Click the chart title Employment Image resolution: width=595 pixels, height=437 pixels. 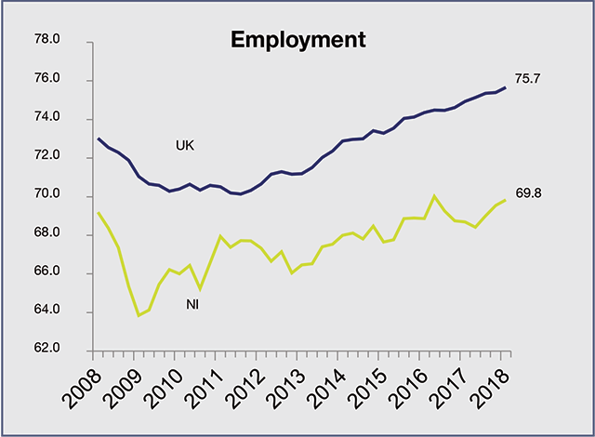tap(297, 40)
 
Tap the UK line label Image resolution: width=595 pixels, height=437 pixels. tap(186, 145)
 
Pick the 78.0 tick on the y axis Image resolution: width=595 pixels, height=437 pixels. tap(46, 41)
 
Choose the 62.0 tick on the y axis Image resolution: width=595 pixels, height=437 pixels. tap(46, 350)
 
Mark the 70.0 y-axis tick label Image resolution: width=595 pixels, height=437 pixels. tap(46, 195)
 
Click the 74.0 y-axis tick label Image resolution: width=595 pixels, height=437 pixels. tap(46, 118)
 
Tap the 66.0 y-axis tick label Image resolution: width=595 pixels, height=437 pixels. tap(46, 272)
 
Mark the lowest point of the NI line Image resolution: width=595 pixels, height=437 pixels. tap(139, 315)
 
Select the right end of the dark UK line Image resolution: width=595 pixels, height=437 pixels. tap(506, 87)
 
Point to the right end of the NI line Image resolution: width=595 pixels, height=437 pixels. tap(506, 200)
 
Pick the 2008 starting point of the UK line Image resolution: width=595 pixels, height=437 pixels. tap(98, 139)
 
